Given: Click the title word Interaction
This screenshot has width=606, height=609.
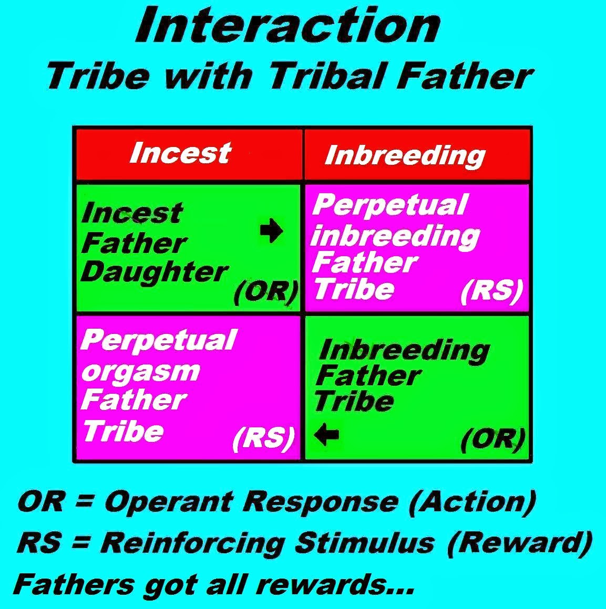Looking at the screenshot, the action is [x=288, y=26].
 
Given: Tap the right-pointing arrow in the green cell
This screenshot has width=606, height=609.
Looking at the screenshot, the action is [x=272, y=230].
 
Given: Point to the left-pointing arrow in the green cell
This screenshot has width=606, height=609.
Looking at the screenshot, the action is [x=326, y=434].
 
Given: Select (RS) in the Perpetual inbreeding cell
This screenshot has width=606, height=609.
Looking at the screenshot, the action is [x=492, y=291].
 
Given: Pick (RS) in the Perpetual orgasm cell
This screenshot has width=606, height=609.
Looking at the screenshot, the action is [x=263, y=438].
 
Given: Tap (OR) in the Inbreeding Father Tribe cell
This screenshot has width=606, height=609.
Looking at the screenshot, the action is [x=492, y=439].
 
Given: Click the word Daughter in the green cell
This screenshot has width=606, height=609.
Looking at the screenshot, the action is [x=154, y=272].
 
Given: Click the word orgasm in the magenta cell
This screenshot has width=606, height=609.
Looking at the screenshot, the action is [x=141, y=372].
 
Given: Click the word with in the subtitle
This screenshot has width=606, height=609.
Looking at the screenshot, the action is [x=208, y=76].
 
